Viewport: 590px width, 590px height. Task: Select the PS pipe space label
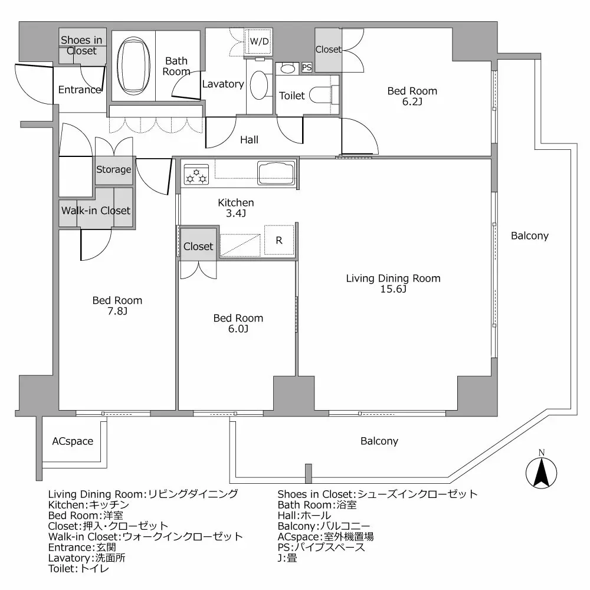click(x=307, y=68)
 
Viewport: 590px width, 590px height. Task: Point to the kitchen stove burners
click(x=196, y=173)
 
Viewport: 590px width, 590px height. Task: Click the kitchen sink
click(x=276, y=172)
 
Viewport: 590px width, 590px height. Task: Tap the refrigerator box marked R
click(x=279, y=240)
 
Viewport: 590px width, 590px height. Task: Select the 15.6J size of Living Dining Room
click(x=393, y=289)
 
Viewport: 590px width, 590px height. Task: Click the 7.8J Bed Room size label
click(x=117, y=311)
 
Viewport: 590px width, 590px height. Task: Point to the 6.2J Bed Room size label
click(x=412, y=101)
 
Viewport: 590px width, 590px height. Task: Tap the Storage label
click(x=114, y=170)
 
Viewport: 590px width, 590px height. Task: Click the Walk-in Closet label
click(x=96, y=211)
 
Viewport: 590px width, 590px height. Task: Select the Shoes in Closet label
click(x=82, y=45)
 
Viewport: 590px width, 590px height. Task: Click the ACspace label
click(x=73, y=441)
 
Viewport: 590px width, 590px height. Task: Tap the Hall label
click(x=249, y=140)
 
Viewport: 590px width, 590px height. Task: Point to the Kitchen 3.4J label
click(x=236, y=208)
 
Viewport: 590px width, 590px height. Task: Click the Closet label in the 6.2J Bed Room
click(x=328, y=50)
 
